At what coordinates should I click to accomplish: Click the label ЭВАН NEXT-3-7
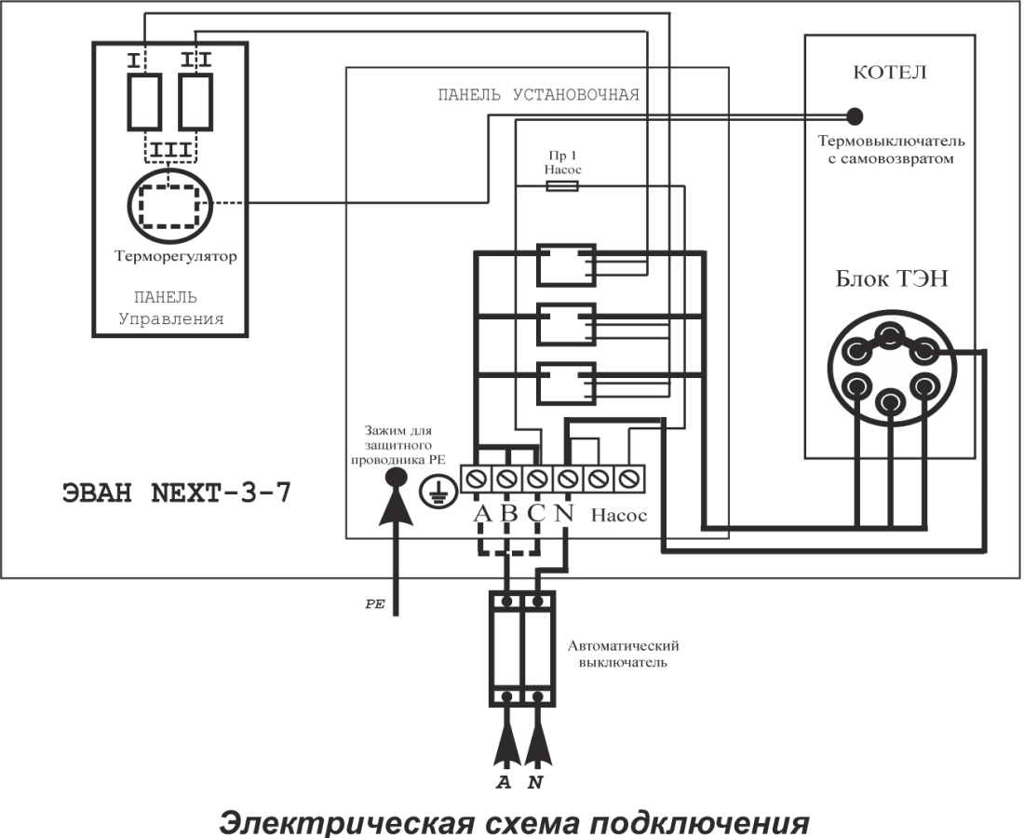[174, 493]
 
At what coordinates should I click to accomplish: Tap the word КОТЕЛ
[890, 74]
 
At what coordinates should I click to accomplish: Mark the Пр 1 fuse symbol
[562, 186]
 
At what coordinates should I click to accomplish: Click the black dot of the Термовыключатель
[854, 116]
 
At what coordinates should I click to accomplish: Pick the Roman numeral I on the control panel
[136, 61]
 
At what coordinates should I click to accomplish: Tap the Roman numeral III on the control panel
[168, 149]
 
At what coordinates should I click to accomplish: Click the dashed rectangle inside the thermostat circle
[168, 205]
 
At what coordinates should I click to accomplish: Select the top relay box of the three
[564, 264]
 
